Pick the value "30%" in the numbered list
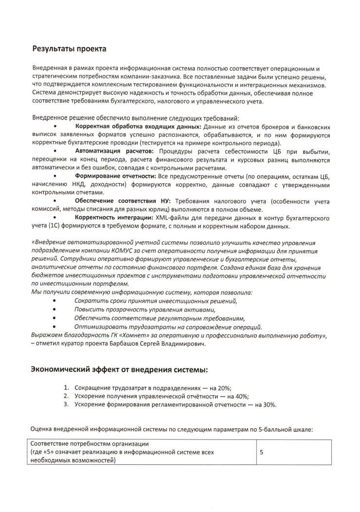(x=270, y=404)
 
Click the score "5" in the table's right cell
(x=262, y=452)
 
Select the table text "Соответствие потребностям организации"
(x=90, y=444)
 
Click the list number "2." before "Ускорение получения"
(x=67, y=396)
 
